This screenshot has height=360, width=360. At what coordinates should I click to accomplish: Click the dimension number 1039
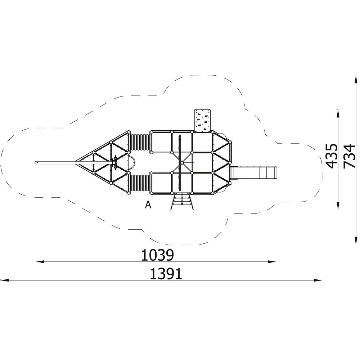[158, 255]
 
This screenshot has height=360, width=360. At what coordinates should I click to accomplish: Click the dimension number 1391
[166, 274]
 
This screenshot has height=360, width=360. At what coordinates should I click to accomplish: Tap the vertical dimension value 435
[332, 156]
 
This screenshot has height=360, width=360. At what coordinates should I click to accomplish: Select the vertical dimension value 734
[349, 156]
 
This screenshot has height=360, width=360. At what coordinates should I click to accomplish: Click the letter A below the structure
[148, 205]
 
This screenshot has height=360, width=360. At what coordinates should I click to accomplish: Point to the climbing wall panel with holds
[202, 121]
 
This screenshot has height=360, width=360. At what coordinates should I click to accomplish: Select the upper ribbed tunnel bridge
[140, 142]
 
